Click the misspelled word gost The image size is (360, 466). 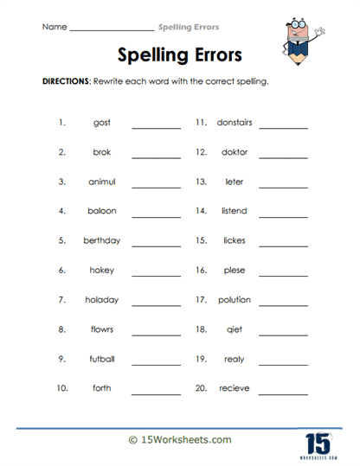(101, 123)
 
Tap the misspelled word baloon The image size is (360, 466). (101, 211)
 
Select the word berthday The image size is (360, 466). (101, 241)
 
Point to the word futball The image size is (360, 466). (101, 359)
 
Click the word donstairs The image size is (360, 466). (234, 123)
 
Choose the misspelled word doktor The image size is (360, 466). (234, 152)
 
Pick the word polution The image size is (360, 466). (234, 300)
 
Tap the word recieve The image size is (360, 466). (234, 388)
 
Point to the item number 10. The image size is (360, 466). (61, 388)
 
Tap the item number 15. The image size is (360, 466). (201, 241)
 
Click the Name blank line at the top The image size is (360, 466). (110, 29)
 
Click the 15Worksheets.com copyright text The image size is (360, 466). (179, 440)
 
